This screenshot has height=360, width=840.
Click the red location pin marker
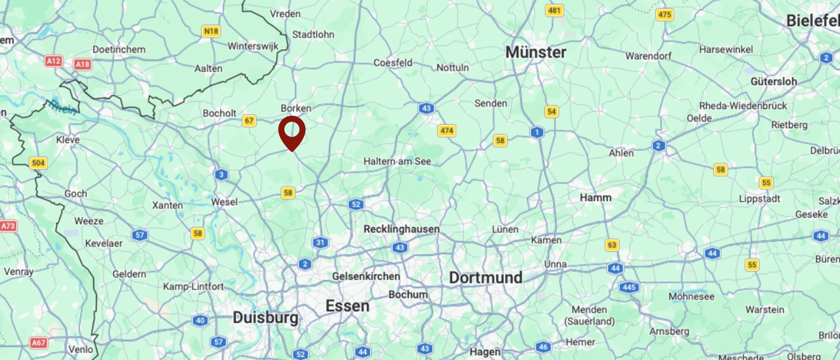291,131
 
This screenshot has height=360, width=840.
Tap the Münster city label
535,53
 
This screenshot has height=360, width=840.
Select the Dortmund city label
486,278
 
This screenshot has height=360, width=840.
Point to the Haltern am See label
397,161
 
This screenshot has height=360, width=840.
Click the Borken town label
296,108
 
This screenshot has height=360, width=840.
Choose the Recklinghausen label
401,229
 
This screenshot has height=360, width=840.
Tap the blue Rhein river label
63,108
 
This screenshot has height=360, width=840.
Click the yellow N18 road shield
211,31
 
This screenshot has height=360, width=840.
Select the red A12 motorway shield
53,61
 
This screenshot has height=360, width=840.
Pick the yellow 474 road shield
446,131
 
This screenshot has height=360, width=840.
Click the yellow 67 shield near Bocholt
249,121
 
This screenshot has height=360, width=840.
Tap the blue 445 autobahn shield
629,287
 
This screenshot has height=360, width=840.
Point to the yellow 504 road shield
38,163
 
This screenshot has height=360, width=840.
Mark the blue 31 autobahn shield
320,242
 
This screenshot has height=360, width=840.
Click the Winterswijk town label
253,46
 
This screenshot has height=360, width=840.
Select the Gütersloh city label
774,81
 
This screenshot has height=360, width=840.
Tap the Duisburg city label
265,317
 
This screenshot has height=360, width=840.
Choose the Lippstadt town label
759,199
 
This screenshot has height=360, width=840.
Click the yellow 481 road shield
554,11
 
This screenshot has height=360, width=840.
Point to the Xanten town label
167,205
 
